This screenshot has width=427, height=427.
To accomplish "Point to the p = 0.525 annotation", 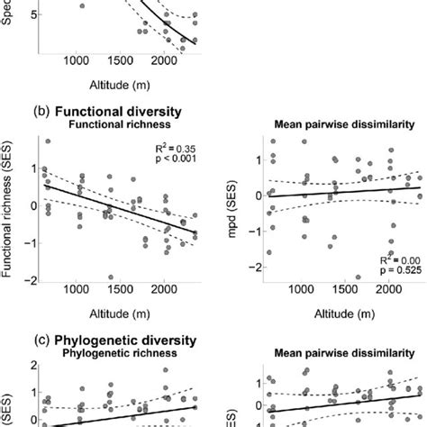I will coord(401,269).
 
